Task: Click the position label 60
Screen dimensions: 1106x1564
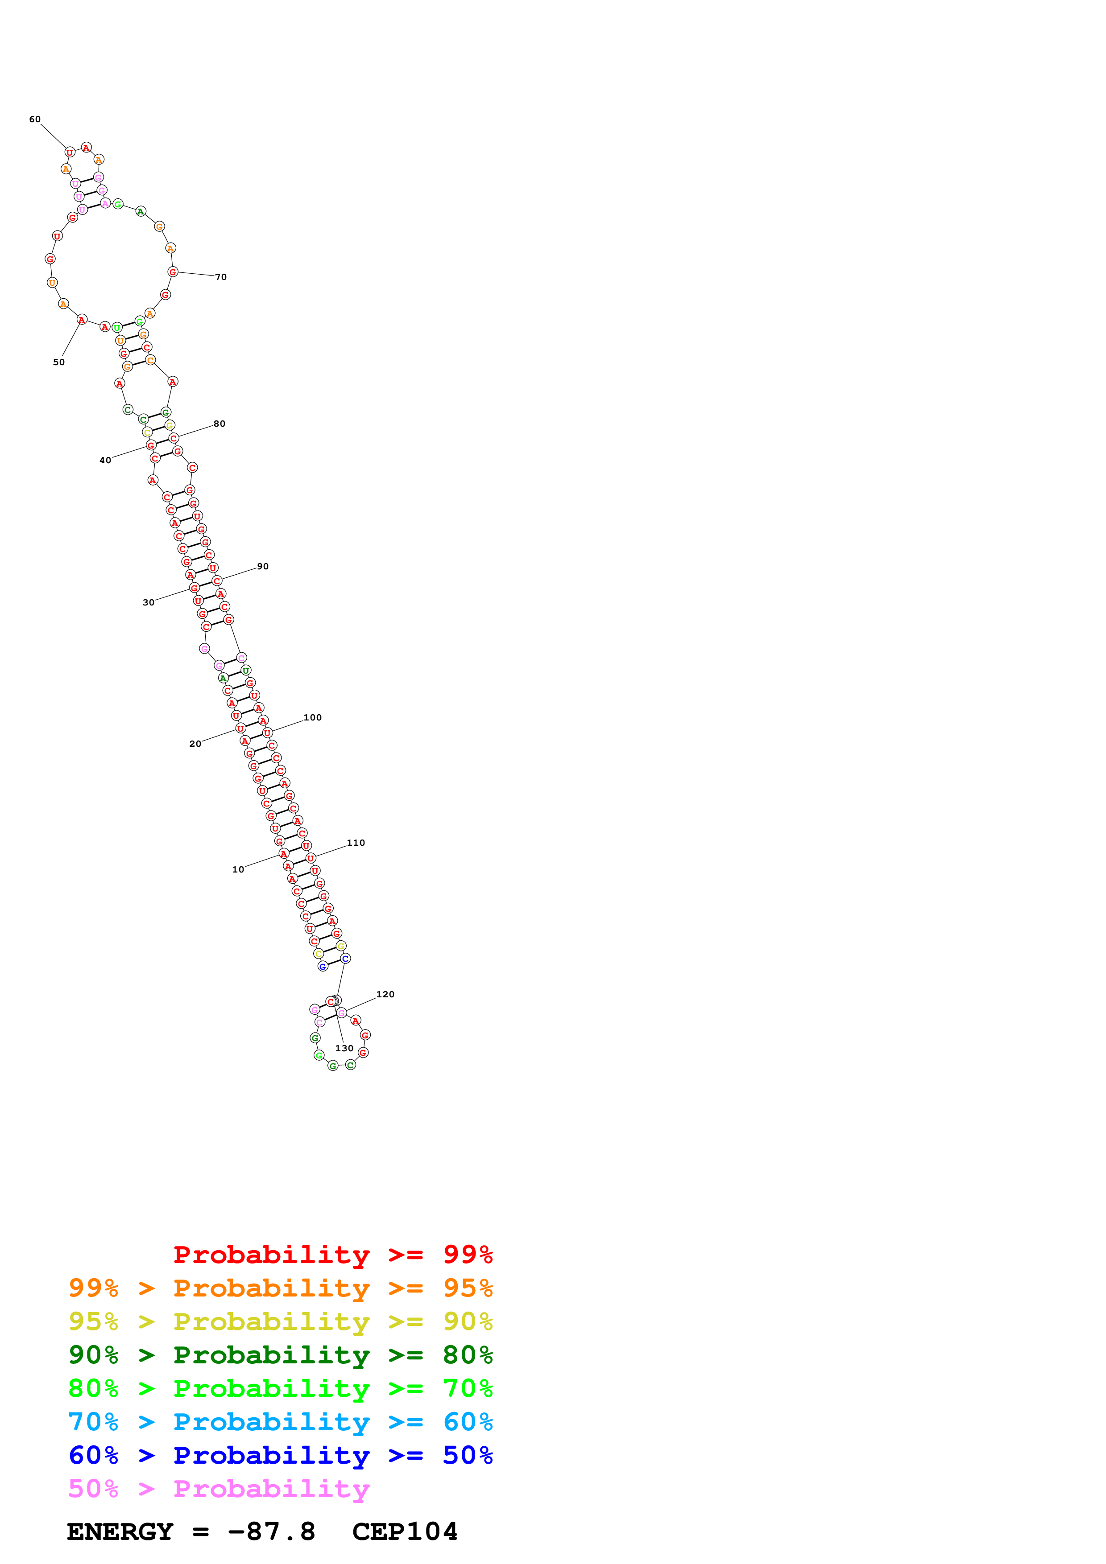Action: pyautogui.click(x=35, y=119)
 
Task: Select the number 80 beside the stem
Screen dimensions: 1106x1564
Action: pyautogui.click(x=220, y=423)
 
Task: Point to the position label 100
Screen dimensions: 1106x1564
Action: pyautogui.click(x=313, y=717)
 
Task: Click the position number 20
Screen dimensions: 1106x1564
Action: pyautogui.click(x=195, y=743)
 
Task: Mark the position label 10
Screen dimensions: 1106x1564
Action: pyautogui.click(x=238, y=869)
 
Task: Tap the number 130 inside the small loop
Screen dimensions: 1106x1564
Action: pyautogui.click(x=344, y=1048)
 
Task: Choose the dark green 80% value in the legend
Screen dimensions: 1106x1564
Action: pyautogui.click(x=468, y=1355)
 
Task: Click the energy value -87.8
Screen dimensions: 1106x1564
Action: pyautogui.click(x=271, y=1531)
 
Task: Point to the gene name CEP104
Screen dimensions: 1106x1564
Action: pyautogui.click(x=405, y=1531)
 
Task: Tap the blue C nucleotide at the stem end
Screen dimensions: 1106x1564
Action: pyautogui.click(x=345, y=959)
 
